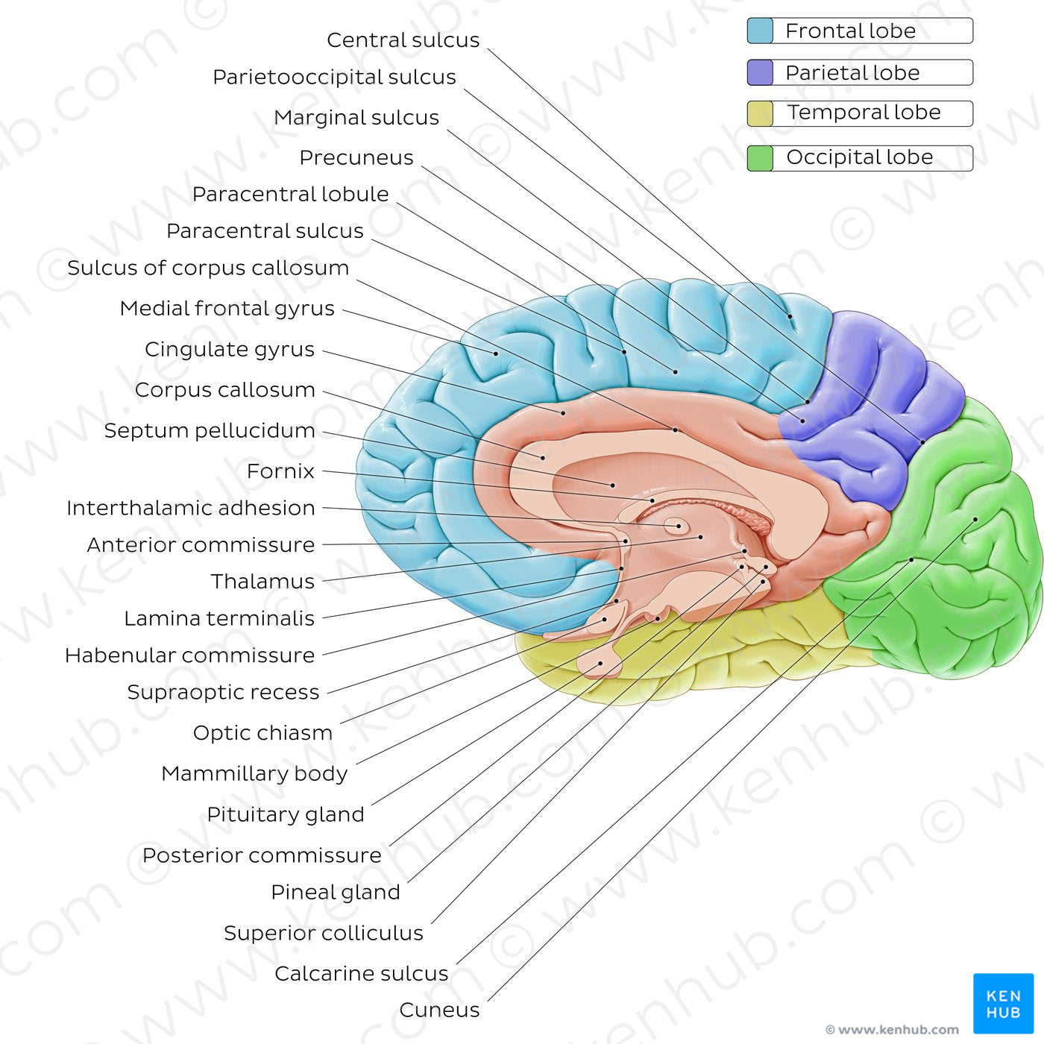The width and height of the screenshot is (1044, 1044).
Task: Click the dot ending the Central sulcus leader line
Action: [790, 316]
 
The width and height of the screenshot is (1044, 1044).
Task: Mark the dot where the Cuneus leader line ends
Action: [975, 519]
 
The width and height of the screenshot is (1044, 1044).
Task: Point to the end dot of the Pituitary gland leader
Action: [600, 663]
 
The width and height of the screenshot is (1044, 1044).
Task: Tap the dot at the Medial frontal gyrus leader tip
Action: [496, 353]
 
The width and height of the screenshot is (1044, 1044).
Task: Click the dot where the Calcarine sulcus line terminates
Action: [912, 559]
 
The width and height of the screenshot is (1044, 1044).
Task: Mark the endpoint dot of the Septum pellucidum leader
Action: [613, 485]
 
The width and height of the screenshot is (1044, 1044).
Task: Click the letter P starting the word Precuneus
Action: [306, 157]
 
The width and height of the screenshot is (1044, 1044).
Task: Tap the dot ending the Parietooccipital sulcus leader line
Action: [922, 443]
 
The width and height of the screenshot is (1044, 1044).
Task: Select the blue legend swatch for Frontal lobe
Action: [760, 31]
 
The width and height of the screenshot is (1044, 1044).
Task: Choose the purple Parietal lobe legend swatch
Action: [760, 72]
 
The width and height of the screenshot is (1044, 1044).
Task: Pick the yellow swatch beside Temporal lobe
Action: [760, 114]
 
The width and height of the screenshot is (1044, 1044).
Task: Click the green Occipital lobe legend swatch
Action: [760, 158]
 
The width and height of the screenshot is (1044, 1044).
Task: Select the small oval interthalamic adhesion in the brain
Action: [676, 526]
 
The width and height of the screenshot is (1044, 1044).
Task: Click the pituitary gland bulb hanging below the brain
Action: [600, 663]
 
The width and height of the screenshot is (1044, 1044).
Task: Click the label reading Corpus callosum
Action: [225, 389]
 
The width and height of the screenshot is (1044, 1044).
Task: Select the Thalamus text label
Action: [262, 582]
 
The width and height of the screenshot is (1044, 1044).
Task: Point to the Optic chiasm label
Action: [262, 733]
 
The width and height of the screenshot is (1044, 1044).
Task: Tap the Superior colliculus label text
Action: [324, 933]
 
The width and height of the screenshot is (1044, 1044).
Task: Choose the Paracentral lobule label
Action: [290, 194]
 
